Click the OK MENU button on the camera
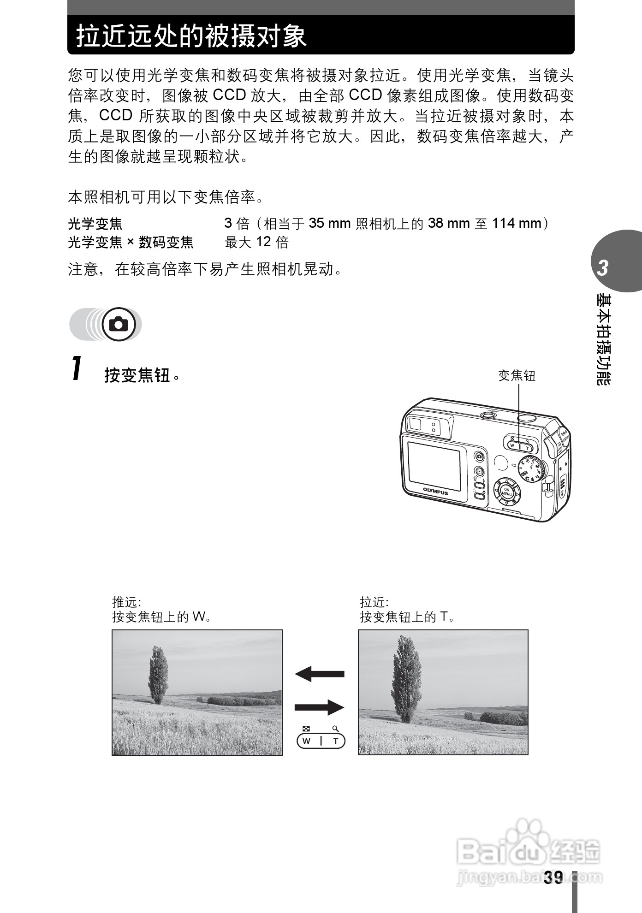(x=506, y=492)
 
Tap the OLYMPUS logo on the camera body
(x=435, y=492)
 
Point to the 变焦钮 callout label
(x=517, y=376)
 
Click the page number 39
(x=553, y=877)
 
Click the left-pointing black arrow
(x=319, y=674)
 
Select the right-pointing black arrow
(x=319, y=707)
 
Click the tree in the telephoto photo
(x=406, y=678)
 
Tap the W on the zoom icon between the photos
(x=306, y=741)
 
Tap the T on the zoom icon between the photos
(x=336, y=741)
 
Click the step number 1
(x=77, y=368)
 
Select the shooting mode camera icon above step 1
(x=118, y=325)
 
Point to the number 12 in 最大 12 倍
(x=264, y=242)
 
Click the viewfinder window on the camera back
(x=416, y=424)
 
